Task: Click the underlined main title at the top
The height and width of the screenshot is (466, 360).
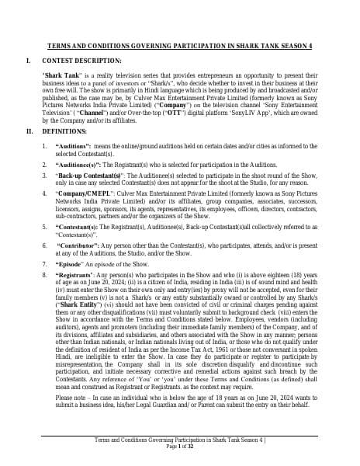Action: pyautogui.click(x=180, y=46)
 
